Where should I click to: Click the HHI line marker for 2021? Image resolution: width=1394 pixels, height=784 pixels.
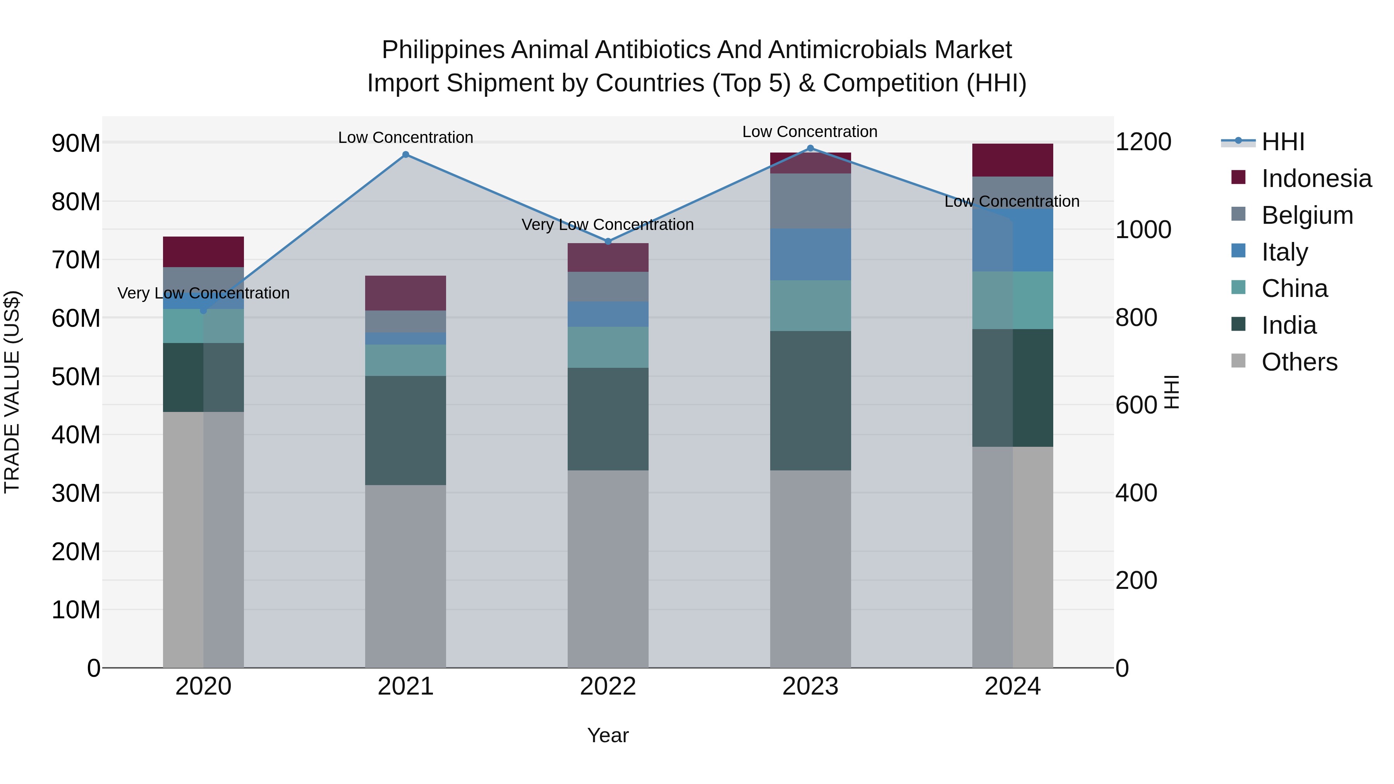click(405, 155)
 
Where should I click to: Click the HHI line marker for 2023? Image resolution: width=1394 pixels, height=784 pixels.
click(810, 148)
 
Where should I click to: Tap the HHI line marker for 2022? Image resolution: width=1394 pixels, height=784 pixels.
click(608, 242)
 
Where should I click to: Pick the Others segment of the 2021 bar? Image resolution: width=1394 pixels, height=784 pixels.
click(405, 576)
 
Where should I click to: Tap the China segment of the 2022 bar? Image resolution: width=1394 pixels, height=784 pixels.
click(608, 347)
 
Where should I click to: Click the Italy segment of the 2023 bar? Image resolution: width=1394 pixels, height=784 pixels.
click(810, 254)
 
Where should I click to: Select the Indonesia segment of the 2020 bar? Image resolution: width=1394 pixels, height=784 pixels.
click(203, 252)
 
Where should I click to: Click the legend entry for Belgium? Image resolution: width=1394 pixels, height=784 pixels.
click(1307, 215)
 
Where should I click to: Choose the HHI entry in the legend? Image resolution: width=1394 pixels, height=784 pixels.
click(1282, 142)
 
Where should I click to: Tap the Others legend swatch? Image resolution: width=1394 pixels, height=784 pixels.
click(1238, 361)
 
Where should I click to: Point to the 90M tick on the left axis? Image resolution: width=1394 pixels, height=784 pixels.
click(76, 143)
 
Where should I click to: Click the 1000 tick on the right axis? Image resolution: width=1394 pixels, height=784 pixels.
click(1143, 230)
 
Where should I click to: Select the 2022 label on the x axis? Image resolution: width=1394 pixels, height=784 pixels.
click(608, 686)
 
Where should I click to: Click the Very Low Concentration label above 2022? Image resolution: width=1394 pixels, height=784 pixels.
click(607, 225)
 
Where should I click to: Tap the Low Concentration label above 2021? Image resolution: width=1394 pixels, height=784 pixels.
click(405, 137)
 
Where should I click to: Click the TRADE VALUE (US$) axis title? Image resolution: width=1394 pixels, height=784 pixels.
click(12, 392)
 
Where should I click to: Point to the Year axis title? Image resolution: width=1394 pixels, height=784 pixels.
click(608, 735)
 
